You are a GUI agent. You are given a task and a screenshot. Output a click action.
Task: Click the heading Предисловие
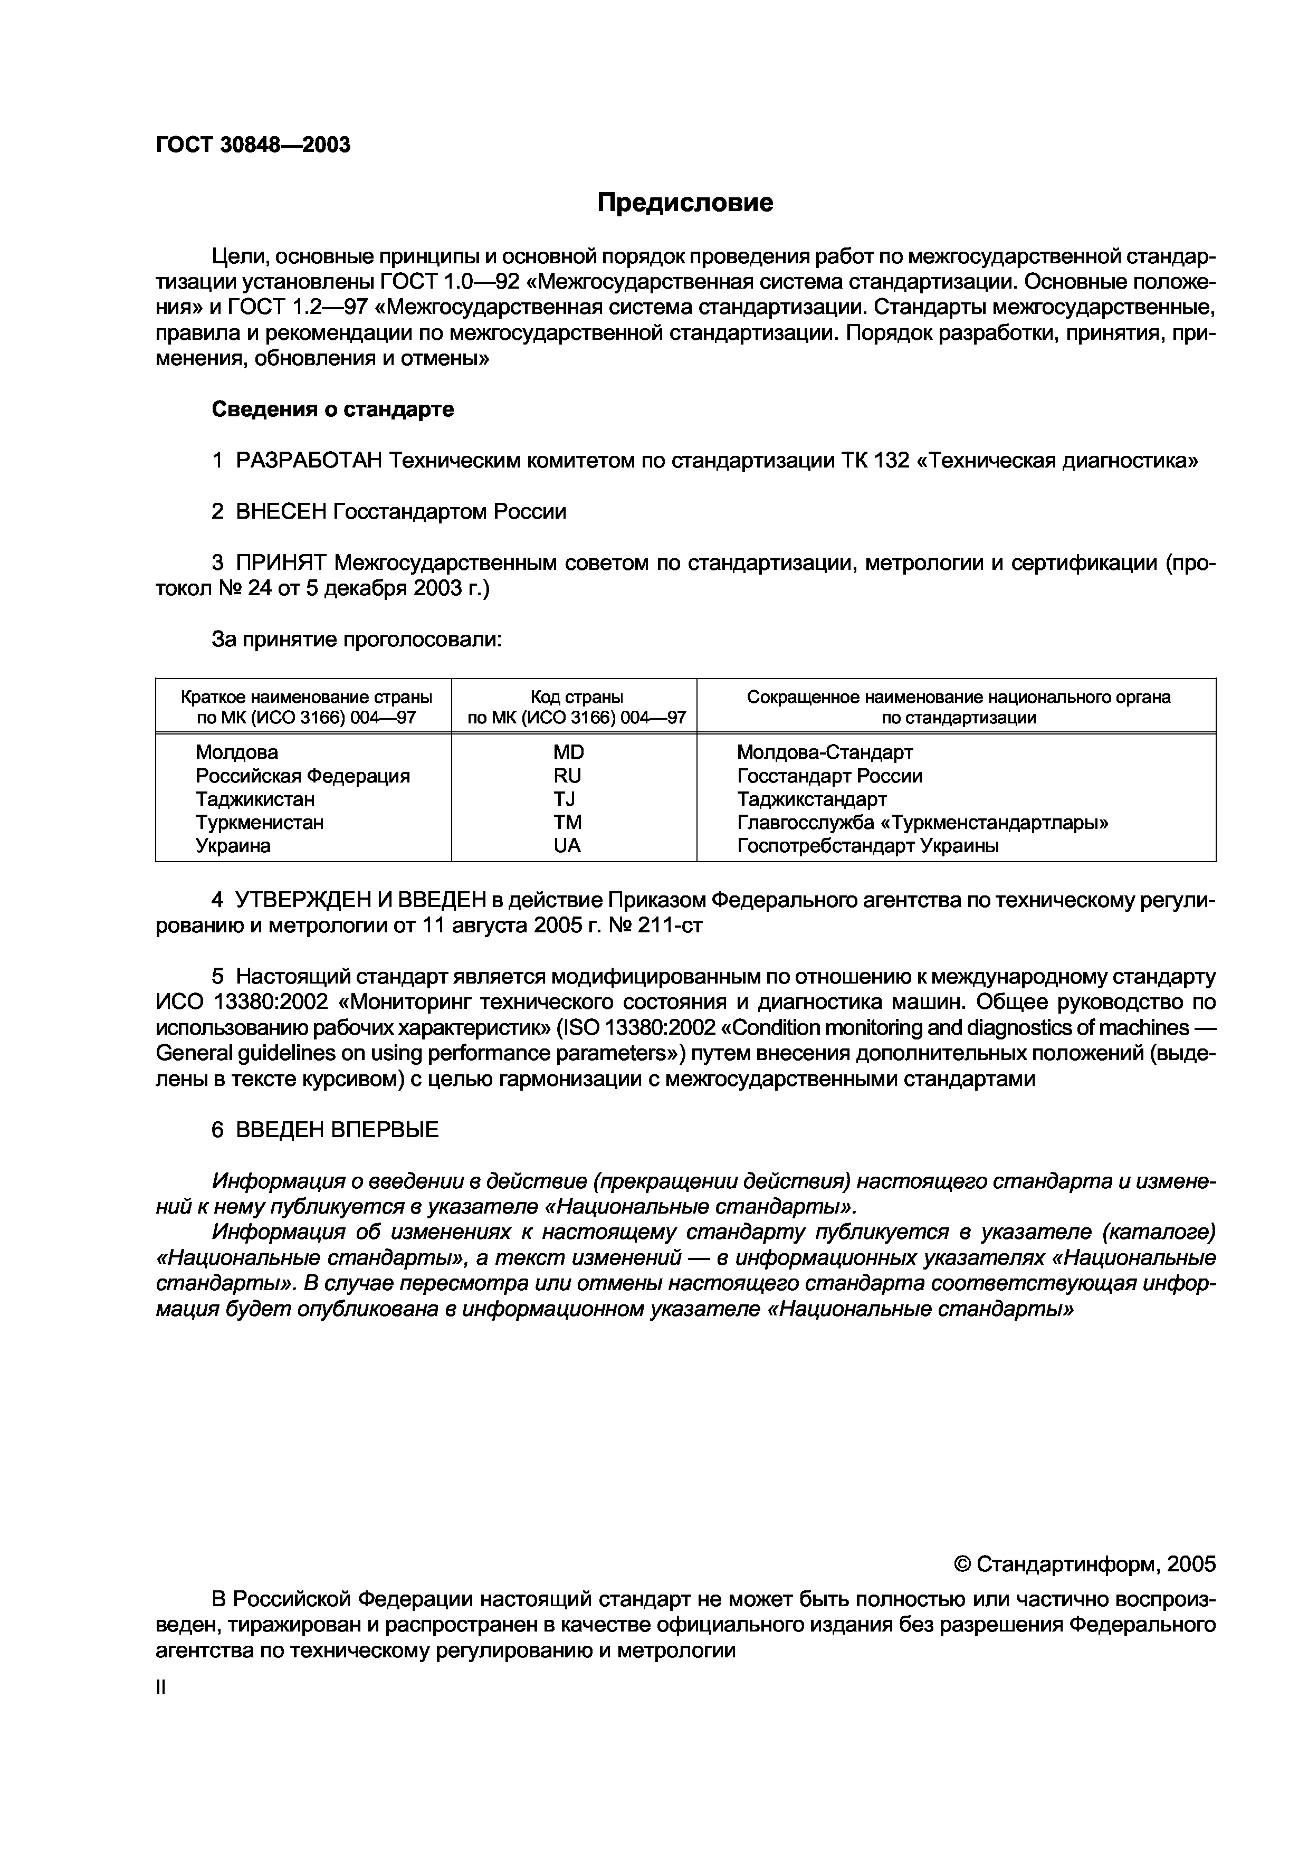coord(685,202)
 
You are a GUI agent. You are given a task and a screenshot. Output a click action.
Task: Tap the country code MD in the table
coord(568,752)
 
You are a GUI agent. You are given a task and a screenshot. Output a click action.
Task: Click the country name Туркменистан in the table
coord(260,822)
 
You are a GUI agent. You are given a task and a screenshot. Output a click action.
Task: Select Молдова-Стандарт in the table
coord(825,752)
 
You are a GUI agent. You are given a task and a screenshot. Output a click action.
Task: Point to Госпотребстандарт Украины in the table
coord(867,846)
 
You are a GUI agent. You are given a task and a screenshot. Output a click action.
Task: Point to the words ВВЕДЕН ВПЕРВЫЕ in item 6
coord(337,1130)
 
